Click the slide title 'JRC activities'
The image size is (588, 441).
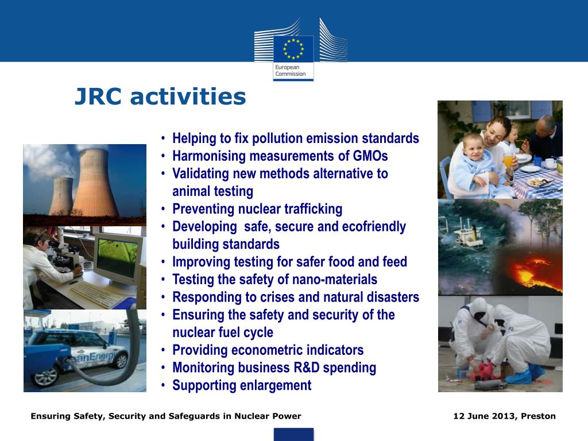(x=160, y=97)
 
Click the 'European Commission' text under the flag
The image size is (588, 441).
(x=290, y=71)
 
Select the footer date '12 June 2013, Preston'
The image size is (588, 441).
(x=504, y=416)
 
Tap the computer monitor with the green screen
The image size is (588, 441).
(x=118, y=258)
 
